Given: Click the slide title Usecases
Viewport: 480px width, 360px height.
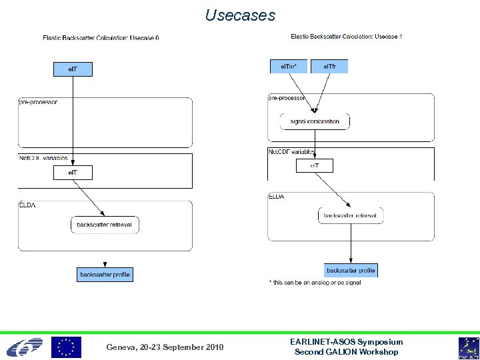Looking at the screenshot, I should (240, 15).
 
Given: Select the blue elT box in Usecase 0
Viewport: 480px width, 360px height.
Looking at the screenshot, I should (73, 69).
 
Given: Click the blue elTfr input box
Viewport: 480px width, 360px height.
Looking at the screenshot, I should (329, 66).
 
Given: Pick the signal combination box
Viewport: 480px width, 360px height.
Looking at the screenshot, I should (315, 121).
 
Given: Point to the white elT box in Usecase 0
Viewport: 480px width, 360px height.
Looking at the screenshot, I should (73, 173).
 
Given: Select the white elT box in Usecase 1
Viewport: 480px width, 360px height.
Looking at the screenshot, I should (314, 165).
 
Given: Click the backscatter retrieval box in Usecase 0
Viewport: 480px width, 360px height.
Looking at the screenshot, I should (105, 225).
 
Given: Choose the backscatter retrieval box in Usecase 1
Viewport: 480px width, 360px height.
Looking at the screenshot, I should (351, 215).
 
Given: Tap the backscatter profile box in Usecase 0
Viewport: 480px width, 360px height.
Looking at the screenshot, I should (105, 274).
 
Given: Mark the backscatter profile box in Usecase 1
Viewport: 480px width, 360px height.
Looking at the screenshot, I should (351, 270).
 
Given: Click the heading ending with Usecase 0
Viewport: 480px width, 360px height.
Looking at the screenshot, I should (101, 37).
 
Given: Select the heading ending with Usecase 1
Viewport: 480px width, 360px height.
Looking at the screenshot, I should (347, 36).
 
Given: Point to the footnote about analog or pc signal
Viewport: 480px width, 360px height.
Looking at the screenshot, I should (315, 283).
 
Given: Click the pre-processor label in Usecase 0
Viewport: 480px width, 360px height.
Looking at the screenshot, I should (38, 102).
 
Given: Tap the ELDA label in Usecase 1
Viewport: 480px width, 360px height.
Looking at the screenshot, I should (277, 197).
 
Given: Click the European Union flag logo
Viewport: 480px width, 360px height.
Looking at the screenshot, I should (67, 347).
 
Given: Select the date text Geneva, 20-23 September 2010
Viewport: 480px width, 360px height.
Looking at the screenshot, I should (165, 347).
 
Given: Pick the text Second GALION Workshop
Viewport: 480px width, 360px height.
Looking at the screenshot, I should (346, 352).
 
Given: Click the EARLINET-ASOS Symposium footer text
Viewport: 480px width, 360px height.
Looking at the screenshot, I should (346, 341).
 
